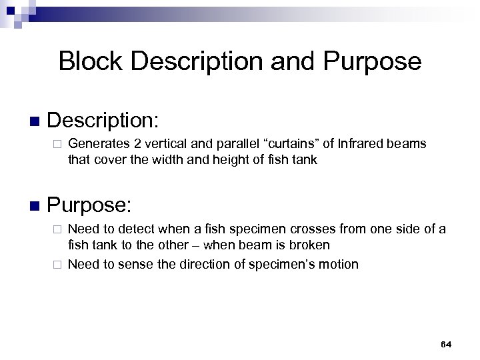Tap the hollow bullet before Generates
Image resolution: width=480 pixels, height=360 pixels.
pos(57,143)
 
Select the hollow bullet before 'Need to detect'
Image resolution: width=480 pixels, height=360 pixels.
pos(57,229)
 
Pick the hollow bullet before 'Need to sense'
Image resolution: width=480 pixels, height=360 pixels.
pos(57,265)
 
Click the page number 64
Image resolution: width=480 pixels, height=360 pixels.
pos(446,343)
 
